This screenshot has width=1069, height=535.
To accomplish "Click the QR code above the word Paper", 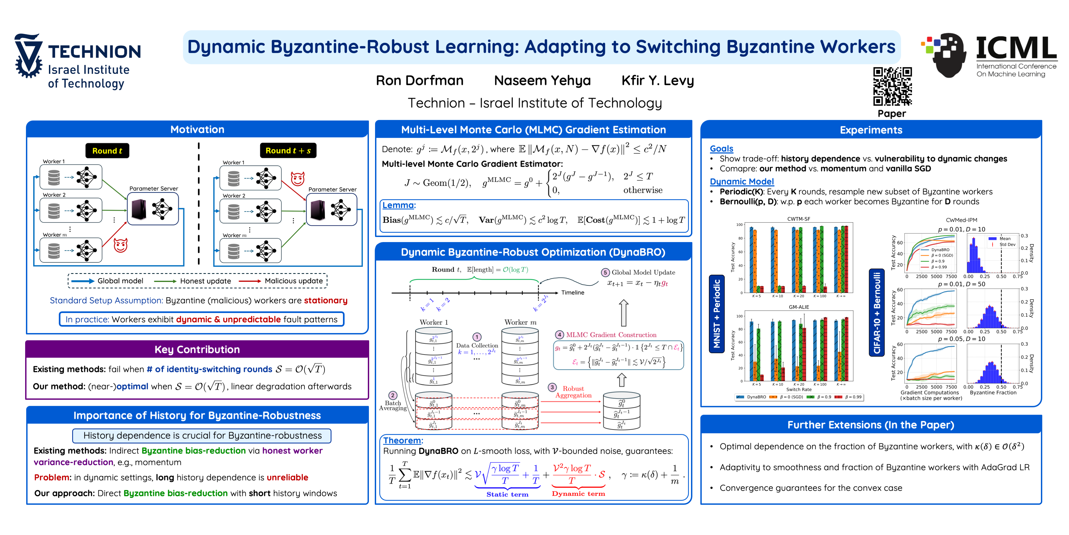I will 892,86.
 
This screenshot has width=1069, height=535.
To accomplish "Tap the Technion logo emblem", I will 28,56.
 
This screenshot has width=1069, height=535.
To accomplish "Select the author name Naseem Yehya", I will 542,81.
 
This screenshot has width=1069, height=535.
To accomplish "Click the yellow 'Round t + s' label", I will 288,150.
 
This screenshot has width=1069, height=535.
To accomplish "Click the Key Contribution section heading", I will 197,349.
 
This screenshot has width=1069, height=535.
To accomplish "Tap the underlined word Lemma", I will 398,205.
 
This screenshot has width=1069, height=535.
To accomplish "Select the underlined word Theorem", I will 402,440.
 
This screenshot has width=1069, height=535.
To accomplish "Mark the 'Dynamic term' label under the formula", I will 578,494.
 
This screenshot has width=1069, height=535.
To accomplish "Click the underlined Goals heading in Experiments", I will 721,149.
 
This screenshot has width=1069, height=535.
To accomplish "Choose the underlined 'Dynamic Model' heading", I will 742,182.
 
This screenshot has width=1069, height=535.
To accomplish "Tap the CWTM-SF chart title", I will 798,219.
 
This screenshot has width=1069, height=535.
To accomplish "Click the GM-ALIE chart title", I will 798,307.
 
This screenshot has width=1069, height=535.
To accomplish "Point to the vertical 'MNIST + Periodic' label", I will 717,314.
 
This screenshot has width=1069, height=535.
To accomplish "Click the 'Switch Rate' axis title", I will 798,390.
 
